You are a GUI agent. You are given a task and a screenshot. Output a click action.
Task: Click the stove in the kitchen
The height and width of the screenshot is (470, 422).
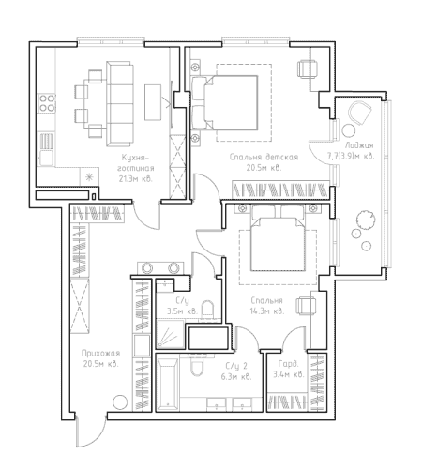pyautogui.click(x=47, y=103)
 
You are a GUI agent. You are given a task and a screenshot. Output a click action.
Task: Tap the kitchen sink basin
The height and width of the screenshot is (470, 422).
pyautogui.click(x=46, y=158)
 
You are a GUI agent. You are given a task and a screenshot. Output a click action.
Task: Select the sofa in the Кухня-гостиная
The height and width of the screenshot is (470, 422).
pyautogui.click(x=118, y=104)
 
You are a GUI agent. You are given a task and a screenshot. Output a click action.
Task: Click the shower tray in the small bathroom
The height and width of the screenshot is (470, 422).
pyautogui.click(x=170, y=334)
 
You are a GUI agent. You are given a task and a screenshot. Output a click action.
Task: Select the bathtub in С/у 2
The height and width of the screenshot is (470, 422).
pyautogui.click(x=168, y=384)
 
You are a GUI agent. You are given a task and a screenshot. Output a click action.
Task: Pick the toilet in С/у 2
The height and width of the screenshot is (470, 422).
pyautogui.click(x=197, y=365)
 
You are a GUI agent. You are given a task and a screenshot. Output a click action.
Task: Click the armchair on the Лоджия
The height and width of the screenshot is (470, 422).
pyautogui.click(x=360, y=114)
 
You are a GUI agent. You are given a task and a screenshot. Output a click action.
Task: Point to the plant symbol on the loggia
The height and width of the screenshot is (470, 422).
pyautogui.click(x=365, y=220)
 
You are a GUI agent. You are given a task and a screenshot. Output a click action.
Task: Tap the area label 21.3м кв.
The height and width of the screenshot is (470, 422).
pyautogui.click(x=135, y=179)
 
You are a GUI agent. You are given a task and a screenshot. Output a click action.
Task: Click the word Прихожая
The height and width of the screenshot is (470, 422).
pyautogui.click(x=100, y=353)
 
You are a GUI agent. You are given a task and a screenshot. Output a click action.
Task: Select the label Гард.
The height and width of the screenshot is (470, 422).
pyautogui.click(x=288, y=364)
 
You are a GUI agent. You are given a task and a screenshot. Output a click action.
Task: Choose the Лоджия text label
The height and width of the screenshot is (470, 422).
pyautogui.click(x=359, y=145)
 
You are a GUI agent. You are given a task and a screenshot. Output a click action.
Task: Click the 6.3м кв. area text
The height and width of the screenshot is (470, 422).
pyautogui.click(x=236, y=376)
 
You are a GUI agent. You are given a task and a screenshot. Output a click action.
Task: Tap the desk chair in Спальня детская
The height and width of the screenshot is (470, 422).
pyautogui.click(x=307, y=68)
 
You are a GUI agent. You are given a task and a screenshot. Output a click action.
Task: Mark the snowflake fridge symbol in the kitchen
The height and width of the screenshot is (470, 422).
pyautogui.click(x=89, y=177)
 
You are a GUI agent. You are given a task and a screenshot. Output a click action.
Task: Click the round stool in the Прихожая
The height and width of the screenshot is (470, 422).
pyautogui.click(x=120, y=402)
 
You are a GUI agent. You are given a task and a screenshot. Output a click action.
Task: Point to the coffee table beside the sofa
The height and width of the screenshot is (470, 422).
pyautogui.click(x=153, y=102)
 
